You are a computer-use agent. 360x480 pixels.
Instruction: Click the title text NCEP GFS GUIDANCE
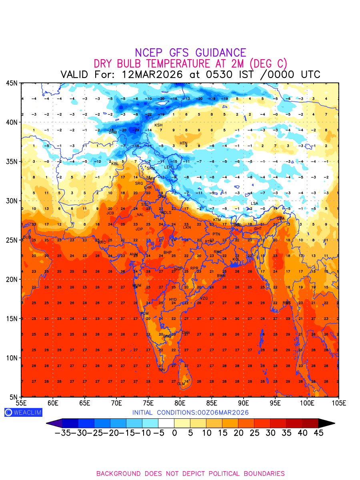point(190,53)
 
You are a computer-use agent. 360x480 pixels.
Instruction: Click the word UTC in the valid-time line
point(308,74)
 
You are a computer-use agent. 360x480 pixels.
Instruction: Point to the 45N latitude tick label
point(12,83)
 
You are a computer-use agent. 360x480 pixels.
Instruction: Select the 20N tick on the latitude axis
point(12,279)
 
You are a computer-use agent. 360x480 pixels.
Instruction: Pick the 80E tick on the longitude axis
point(180,403)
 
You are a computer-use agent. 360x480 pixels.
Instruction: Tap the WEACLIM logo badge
point(23,412)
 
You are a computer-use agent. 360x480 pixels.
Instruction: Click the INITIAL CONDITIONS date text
point(190,412)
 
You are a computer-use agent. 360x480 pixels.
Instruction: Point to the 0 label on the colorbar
point(174,433)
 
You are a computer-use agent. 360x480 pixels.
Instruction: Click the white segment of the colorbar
point(166,423)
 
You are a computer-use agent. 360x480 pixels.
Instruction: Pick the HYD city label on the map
point(173,300)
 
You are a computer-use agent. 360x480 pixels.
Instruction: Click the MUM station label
point(137,286)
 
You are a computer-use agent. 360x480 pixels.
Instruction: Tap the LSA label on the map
point(254,204)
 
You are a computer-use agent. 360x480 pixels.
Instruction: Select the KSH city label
point(158,125)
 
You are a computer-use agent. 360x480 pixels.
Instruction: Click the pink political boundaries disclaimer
point(190,474)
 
